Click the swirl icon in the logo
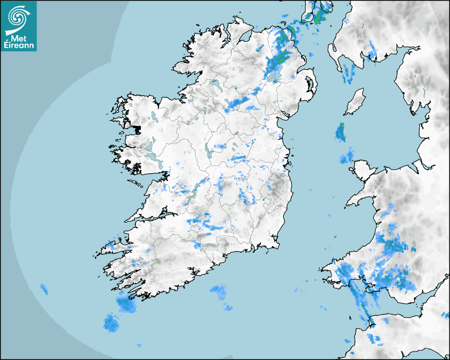(19, 16)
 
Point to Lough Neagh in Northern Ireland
(274, 75)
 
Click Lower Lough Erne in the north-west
(215, 84)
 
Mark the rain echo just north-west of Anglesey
(346, 157)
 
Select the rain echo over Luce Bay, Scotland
(348, 74)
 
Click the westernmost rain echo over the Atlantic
(43, 289)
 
